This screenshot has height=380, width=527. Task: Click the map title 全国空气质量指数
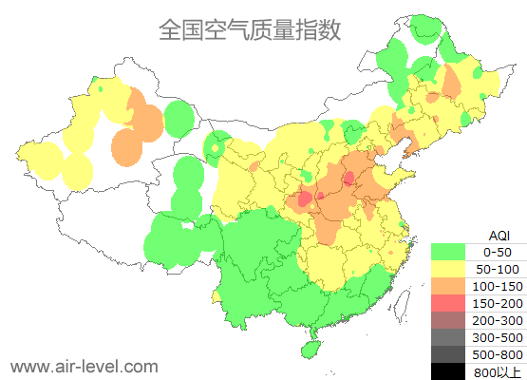249,29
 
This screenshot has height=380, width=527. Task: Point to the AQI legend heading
499,235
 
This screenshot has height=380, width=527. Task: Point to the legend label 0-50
498,252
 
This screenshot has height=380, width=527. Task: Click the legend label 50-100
498,269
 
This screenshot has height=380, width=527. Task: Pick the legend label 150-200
498,303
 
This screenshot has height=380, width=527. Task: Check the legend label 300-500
498,337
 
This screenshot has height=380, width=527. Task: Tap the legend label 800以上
498,370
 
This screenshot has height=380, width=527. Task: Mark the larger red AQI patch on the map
305,200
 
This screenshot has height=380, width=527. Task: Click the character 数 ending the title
328,29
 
